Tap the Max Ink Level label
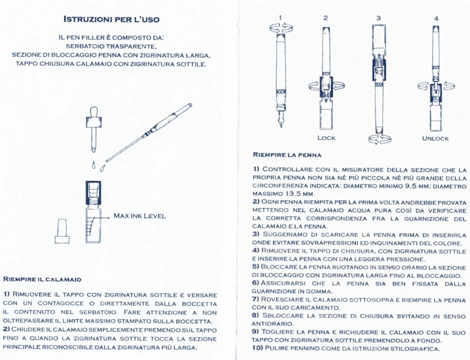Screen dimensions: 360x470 click(139, 216)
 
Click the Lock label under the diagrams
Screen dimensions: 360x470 click(326, 138)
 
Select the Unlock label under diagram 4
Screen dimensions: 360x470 click(435, 138)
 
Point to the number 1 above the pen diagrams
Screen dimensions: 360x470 click(280, 18)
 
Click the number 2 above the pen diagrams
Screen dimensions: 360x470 click(325, 18)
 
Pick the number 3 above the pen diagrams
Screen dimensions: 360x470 click(378, 18)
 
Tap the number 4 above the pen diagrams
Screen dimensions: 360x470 click(436, 18)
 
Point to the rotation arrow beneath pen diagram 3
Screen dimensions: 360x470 click(378, 139)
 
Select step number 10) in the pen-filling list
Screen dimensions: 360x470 click(258, 348)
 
